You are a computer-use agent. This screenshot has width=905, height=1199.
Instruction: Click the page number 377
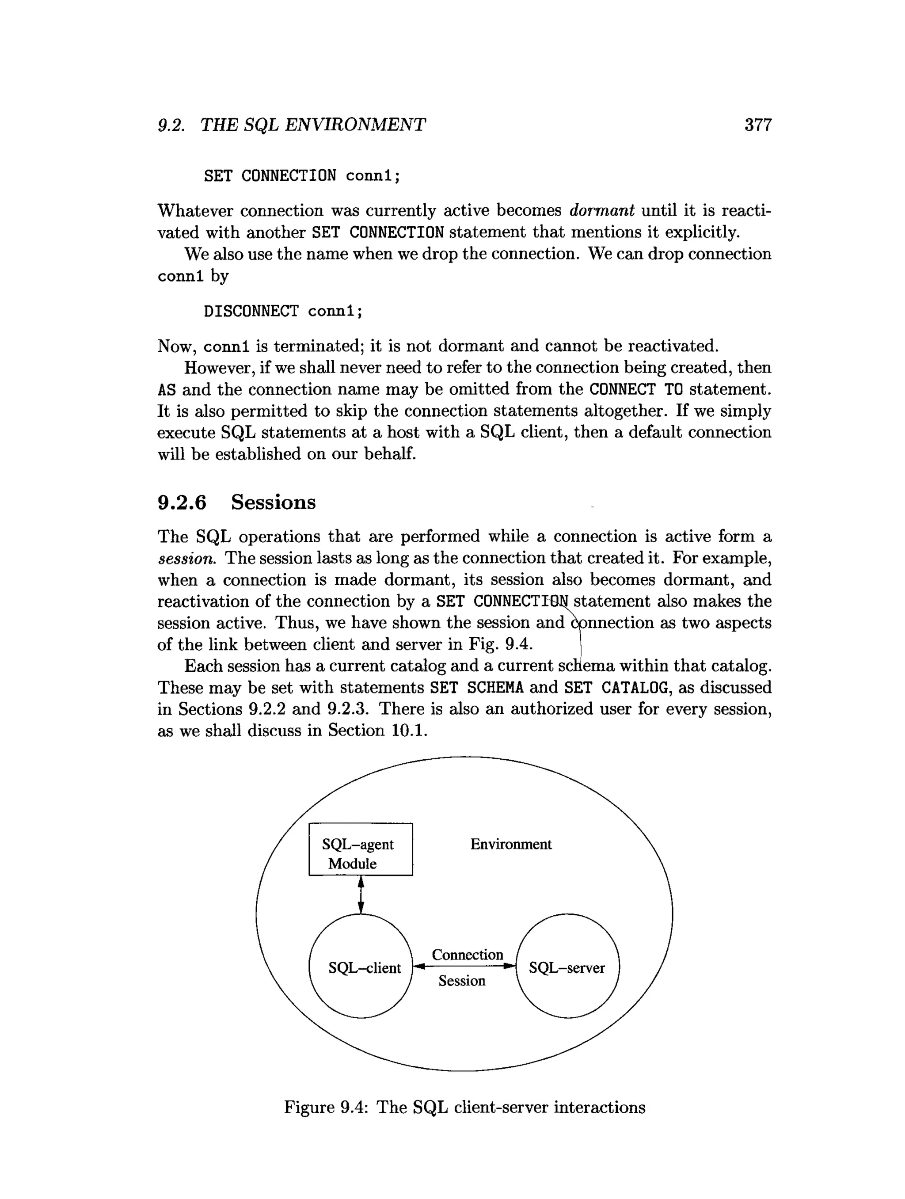[757, 125]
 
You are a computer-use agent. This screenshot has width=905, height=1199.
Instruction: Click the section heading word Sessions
[273, 502]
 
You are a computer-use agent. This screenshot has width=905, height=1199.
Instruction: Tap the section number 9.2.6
[182, 502]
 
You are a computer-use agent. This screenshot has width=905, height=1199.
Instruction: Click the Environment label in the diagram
[510, 844]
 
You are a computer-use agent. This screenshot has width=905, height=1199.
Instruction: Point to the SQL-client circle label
[364, 967]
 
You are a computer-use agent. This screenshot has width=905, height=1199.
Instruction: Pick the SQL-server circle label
[567, 967]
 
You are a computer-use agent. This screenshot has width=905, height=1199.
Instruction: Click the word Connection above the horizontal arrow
[467, 954]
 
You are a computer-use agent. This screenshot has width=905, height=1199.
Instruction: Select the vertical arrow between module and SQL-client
[361, 895]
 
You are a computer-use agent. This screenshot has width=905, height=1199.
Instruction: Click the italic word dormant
[601, 210]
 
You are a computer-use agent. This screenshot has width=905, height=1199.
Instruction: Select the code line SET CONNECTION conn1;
[302, 175]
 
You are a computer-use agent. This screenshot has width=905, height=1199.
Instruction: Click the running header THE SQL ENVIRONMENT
[313, 125]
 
